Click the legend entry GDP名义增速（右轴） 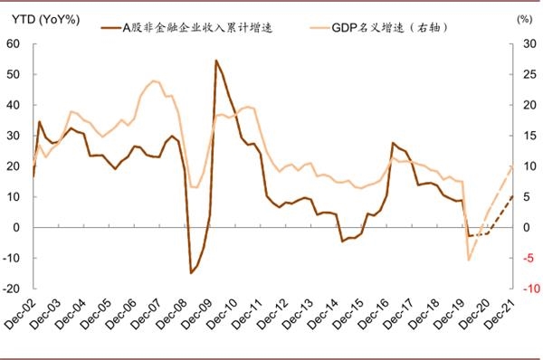click(x=388, y=27)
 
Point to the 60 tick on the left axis click(x=14, y=43)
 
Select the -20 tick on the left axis click(x=12, y=289)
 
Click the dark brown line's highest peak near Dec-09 click(x=216, y=61)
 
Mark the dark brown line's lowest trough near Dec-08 click(x=191, y=272)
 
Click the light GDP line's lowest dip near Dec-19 click(x=469, y=260)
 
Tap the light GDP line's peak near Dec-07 click(x=155, y=81)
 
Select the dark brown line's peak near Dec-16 click(x=393, y=143)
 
